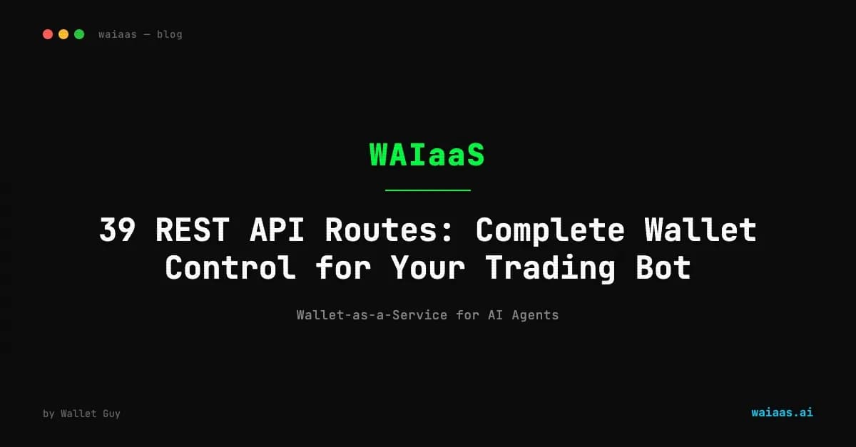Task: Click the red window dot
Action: point(48,34)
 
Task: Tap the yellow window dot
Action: point(63,34)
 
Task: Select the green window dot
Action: point(79,34)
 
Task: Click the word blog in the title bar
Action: point(170,34)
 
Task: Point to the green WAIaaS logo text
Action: point(427,155)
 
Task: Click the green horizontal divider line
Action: point(427,190)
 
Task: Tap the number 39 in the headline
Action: point(118,231)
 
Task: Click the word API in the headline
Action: point(277,231)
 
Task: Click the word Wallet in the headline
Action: point(700,231)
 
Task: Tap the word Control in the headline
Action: point(230,268)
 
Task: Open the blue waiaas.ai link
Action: point(782,412)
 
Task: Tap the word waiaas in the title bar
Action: point(118,34)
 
